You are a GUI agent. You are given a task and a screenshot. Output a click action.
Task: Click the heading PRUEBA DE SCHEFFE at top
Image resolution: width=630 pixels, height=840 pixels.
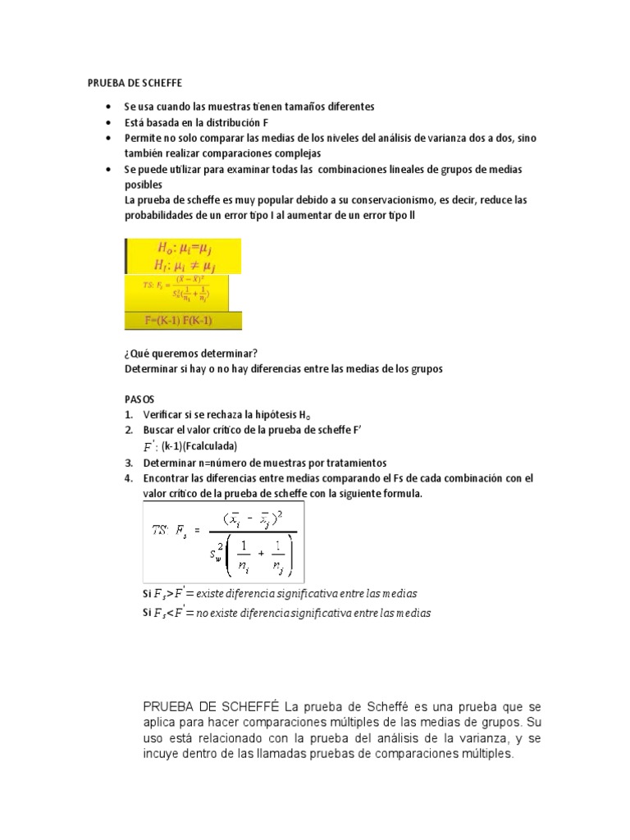point(135,83)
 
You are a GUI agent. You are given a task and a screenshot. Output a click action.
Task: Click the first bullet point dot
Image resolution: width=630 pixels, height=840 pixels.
point(109,107)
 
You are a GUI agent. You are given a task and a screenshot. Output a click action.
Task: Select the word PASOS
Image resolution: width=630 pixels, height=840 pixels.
point(139,399)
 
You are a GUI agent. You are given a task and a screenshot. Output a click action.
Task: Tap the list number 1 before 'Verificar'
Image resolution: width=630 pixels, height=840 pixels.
point(129,415)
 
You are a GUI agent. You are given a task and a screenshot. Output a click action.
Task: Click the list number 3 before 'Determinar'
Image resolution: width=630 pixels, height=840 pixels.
point(129,463)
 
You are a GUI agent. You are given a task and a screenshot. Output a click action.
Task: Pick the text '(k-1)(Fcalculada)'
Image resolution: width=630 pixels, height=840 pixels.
point(199,446)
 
